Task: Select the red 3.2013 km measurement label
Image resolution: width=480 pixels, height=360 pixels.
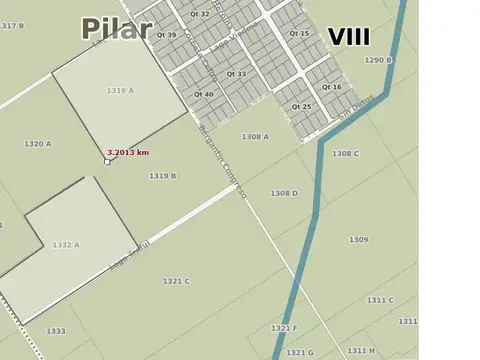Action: tap(127, 153)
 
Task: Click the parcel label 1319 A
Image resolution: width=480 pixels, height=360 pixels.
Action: tap(120, 91)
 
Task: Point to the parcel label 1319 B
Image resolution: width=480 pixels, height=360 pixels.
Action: tap(163, 176)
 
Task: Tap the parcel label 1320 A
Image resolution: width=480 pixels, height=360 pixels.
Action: tap(38, 144)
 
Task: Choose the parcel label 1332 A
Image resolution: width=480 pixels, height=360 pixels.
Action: tap(66, 244)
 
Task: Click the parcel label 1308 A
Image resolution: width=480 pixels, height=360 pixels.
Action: tap(255, 136)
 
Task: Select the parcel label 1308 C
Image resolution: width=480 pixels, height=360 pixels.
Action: tap(345, 153)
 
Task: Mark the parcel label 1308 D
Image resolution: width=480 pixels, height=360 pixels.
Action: tap(284, 193)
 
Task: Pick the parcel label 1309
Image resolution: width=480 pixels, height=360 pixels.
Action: tap(358, 240)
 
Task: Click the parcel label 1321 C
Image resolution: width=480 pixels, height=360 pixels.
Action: tap(176, 281)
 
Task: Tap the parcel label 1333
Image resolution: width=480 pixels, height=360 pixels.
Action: tap(56, 331)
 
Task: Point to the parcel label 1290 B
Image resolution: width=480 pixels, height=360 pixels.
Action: tap(378, 60)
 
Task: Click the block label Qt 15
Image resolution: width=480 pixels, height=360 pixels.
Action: tap(299, 34)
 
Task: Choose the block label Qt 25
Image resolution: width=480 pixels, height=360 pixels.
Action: tap(301, 106)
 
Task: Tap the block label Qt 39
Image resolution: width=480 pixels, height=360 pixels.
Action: tap(166, 35)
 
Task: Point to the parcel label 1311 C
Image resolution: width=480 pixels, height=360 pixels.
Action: tap(380, 300)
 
